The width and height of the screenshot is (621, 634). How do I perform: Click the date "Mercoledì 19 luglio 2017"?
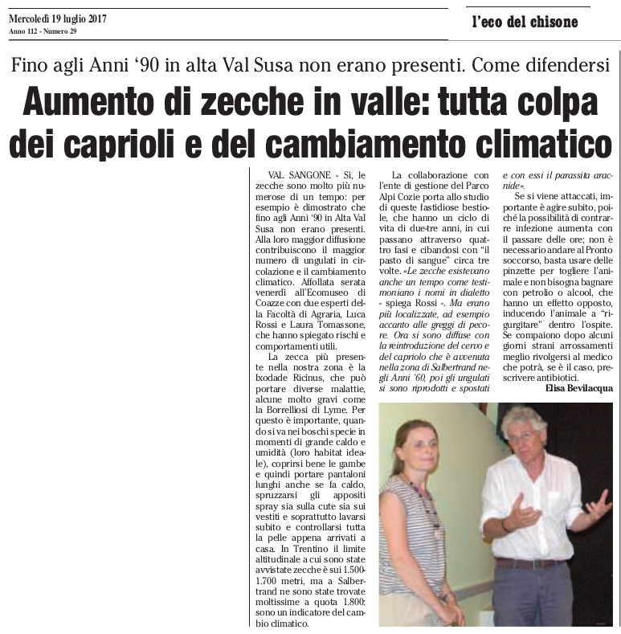[x=57, y=18]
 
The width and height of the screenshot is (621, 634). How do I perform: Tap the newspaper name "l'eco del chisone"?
[x=525, y=22]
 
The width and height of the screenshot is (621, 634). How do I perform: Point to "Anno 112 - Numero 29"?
[x=42, y=31]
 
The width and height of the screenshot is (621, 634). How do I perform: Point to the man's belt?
[x=529, y=562]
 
